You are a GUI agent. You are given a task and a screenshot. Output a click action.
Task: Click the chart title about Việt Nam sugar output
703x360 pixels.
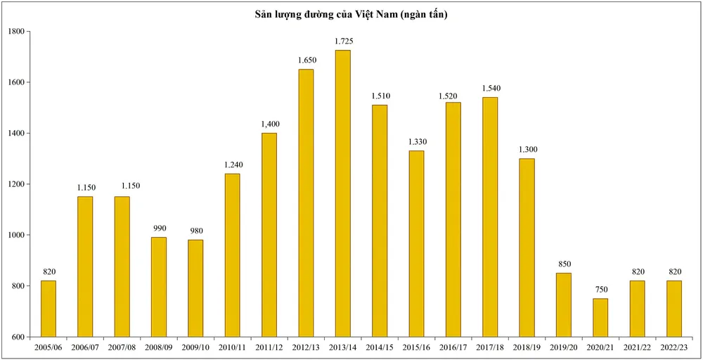pyautogui.click(x=351, y=15)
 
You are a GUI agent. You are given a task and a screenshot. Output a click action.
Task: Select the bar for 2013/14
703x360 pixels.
pyautogui.click(x=342, y=193)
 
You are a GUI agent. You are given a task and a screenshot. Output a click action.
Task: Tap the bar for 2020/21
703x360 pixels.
pyautogui.click(x=600, y=317)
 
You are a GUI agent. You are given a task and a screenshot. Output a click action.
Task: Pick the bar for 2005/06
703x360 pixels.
pyautogui.click(x=49, y=309)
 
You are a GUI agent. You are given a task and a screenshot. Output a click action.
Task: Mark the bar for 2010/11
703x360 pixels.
pyautogui.click(x=232, y=255)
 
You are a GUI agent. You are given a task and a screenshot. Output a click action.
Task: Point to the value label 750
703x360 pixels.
pyautogui.click(x=600, y=290)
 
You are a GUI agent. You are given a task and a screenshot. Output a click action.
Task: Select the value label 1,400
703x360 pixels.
pyautogui.click(x=269, y=124)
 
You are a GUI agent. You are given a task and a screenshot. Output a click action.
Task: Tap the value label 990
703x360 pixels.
pyautogui.click(x=158, y=229)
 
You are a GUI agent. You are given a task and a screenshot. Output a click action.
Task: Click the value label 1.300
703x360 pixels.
pyautogui.click(x=527, y=150)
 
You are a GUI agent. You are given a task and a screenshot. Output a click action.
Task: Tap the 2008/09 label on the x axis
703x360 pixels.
pyautogui.click(x=158, y=347)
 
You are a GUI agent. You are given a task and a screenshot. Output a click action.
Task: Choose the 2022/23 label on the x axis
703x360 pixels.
pyautogui.click(x=673, y=347)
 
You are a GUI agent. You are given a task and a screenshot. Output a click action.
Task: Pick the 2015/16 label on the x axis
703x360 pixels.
pyautogui.click(x=416, y=347)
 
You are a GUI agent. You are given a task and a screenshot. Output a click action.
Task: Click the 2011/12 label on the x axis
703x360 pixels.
pyautogui.click(x=269, y=347)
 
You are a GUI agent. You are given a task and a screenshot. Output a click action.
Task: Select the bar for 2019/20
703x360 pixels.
pyautogui.click(x=564, y=304)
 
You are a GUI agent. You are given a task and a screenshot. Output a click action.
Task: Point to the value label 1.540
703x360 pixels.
pyautogui.click(x=490, y=89)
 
